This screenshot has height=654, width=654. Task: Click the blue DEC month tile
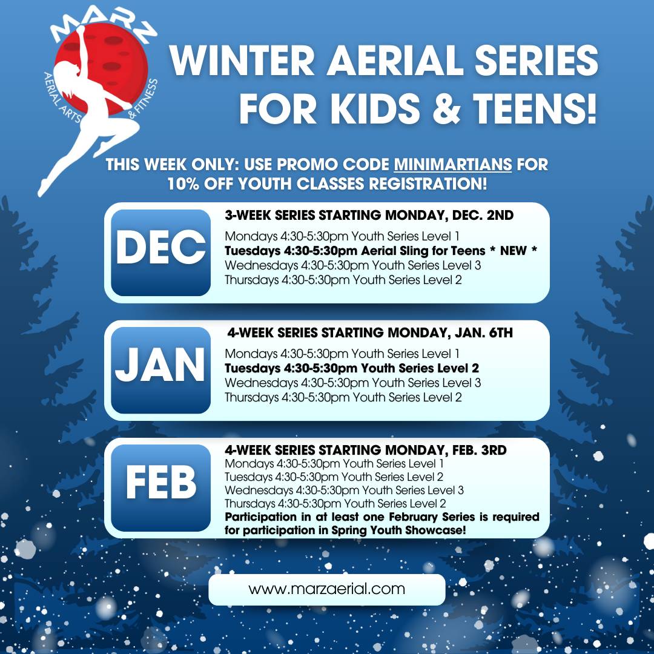(160, 253)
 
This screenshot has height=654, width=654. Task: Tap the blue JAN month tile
(160, 371)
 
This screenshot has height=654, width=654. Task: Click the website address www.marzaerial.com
(326, 589)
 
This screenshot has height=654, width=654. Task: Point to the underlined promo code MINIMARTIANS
(452, 164)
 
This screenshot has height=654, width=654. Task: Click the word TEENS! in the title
(535, 108)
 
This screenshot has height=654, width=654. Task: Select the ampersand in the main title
(446, 108)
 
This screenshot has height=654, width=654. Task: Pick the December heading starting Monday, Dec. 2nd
(369, 215)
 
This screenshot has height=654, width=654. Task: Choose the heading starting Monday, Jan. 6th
(370, 333)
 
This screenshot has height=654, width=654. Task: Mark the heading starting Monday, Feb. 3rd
(366, 450)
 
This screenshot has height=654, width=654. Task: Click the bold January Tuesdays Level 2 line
(352, 368)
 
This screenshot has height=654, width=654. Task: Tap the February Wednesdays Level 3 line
(344, 490)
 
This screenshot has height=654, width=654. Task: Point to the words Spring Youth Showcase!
(398, 530)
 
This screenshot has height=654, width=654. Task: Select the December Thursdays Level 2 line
(343, 280)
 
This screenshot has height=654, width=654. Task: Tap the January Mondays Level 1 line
(342, 354)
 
